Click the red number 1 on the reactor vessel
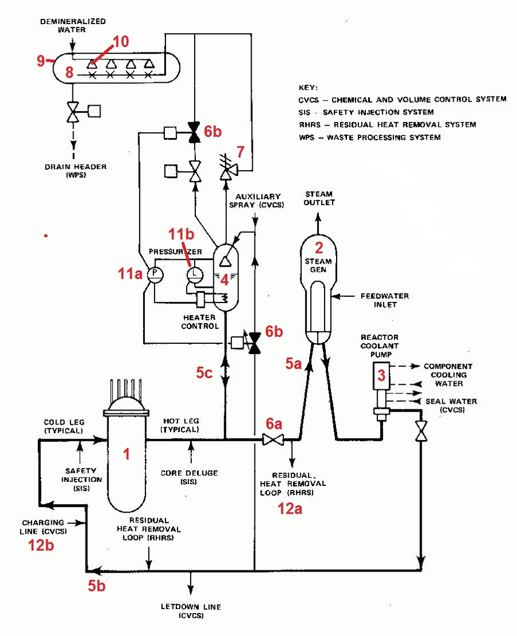click(126, 454)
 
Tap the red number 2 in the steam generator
click(319, 247)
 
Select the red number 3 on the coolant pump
click(381, 375)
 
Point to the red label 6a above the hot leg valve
click(274, 424)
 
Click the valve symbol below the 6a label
click(273, 440)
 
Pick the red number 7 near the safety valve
click(241, 152)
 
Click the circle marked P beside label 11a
click(155, 275)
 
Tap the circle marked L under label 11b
click(195, 274)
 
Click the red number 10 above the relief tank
click(121, 41)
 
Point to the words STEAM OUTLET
click(319, 198)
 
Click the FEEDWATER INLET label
click(384, 300)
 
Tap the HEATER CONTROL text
click(200, 321)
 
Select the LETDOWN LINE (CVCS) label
click(191, 611)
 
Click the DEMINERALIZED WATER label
click(72, 25)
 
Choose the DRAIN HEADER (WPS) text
click(76, 171)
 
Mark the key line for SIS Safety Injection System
click(366, 112)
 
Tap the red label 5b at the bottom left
click(97, 586)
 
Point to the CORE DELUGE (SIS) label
click(189, 477)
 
